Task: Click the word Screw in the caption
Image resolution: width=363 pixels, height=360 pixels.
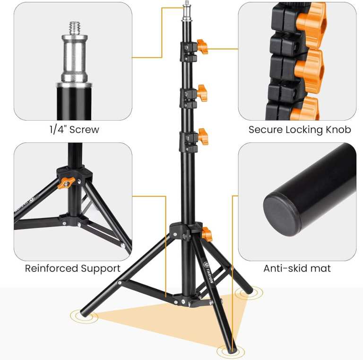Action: [84, 129]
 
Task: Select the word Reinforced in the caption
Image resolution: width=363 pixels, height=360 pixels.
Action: [52, 268]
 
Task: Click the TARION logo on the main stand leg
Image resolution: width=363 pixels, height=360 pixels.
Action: [208, 272]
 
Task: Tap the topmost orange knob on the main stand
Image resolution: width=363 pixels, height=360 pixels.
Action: [203, 47]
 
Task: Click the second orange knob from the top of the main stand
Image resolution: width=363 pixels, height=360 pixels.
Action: [203, 93]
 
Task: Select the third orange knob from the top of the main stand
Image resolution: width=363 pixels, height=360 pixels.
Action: [203, 137]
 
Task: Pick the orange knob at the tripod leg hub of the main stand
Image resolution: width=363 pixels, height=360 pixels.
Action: [207, 235]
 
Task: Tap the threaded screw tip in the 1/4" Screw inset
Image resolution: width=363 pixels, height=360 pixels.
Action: [75, 28]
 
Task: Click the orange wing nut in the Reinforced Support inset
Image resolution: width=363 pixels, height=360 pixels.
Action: [66, 183]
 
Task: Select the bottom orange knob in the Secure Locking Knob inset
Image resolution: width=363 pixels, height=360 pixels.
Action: [305, 109]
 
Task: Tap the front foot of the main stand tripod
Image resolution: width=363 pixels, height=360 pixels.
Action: [232, 350]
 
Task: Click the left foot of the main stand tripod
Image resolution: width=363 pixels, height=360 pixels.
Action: [84, 313]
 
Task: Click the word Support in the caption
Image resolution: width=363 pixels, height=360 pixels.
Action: [101, 269]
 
